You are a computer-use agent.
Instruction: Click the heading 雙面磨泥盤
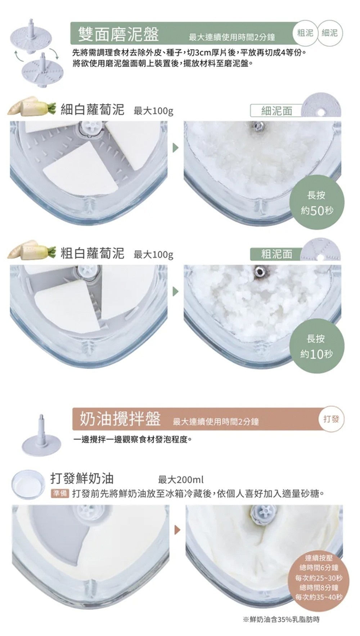coord(118,34)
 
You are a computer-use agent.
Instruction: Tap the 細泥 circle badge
coord(330,33)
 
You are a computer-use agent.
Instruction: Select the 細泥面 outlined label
coord(276,111)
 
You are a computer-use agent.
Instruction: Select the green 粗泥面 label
coord(276,254)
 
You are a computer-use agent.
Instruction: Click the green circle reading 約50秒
coord(316,203)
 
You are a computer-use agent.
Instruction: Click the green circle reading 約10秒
coord(316,346)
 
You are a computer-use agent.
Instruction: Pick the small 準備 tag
coord(60,493)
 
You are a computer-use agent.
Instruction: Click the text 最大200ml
coord(181,480)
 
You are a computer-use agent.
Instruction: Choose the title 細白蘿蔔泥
coord(92,109)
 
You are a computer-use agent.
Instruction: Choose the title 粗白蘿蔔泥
coord(92,253)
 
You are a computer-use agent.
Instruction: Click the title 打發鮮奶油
coord(82,478)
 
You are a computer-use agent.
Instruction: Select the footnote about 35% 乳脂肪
coord(281,619)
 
